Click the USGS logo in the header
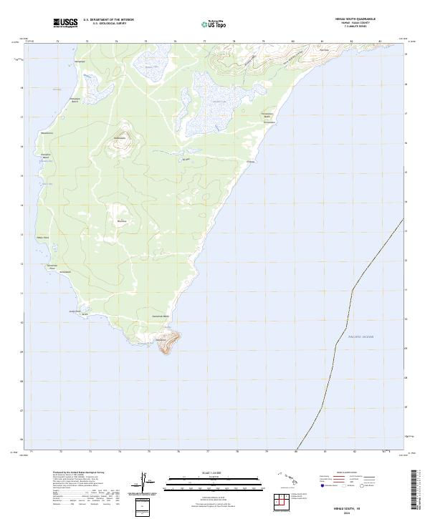pos(66,23)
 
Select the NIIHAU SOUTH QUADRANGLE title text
pos(355,19)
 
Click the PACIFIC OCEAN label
pos(361,336)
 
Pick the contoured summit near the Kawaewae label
pos(119,145)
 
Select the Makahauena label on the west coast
pos(47,134)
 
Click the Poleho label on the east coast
pos(251,162)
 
